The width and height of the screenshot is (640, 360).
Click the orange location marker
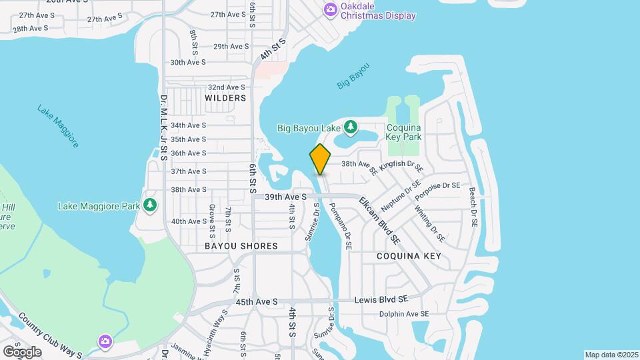320,159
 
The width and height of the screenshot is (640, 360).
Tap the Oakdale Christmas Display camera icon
330,9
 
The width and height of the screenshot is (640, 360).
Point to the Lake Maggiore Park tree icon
151,205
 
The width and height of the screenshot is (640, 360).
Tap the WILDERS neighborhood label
225,98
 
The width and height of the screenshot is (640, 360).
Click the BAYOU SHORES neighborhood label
241,246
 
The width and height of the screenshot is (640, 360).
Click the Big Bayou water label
353,77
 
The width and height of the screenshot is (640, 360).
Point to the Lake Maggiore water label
59,126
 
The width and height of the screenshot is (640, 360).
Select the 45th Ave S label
256,302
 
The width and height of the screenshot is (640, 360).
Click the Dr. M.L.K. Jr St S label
164,127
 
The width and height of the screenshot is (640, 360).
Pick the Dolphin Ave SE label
404,314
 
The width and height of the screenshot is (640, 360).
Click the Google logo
22,351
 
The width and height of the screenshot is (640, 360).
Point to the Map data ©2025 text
611,355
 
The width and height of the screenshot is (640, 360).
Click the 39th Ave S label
285,197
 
